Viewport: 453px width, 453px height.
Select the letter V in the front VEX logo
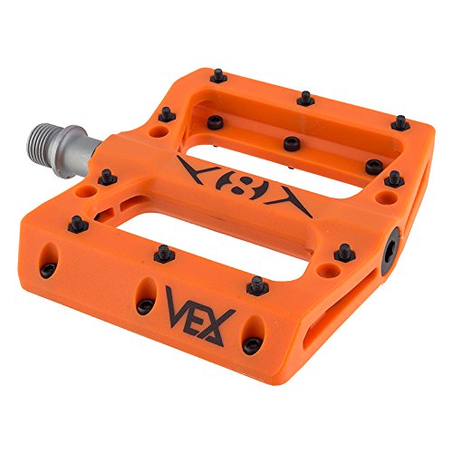click(x=178, y=307)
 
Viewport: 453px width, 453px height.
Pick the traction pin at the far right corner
click(x=399, y=120)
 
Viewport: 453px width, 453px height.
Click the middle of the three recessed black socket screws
click(x=292, y=143)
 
